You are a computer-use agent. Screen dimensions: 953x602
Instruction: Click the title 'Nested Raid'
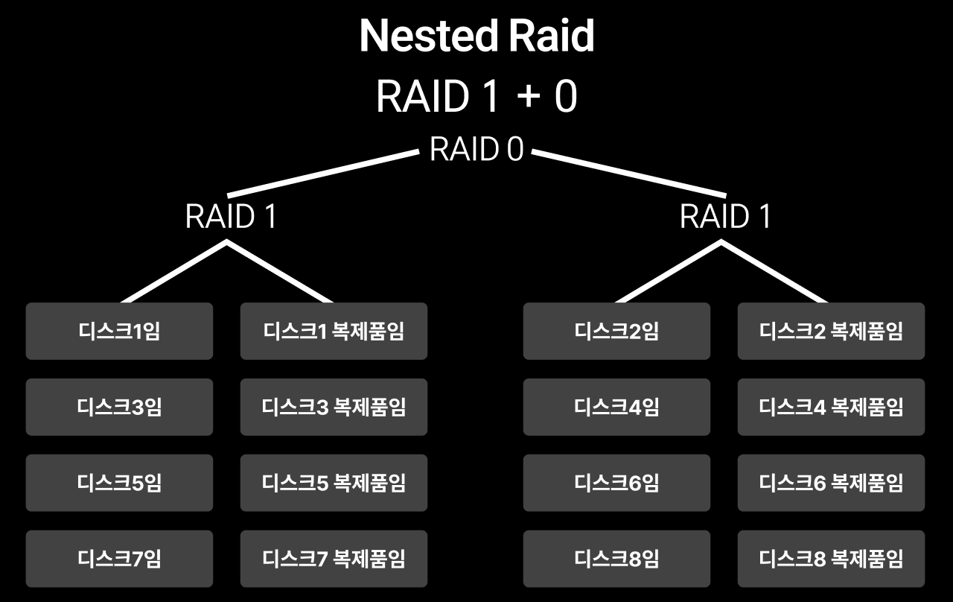[x=476, y=36]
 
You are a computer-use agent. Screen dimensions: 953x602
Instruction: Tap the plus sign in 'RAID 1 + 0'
[x=529, y=96]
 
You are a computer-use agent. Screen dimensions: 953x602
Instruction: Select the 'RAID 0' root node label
[x=476, y=149]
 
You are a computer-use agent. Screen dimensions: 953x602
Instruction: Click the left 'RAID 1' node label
[x=231, y=216]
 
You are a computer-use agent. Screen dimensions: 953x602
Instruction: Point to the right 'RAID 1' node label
[x=725, y=216]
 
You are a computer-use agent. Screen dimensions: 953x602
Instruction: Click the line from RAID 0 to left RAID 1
[x=323, y=174]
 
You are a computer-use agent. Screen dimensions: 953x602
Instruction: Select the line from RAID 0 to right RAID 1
[x=629, y=174]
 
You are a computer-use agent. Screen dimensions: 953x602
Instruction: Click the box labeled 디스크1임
[x=120, y=332]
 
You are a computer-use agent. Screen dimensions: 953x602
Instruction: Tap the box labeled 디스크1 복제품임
[x=334, y=332]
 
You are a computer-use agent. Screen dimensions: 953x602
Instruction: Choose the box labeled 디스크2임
[x=617, y=332]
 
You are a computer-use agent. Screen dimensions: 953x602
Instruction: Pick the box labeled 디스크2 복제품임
[x=832, y=332]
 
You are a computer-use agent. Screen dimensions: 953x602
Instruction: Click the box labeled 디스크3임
[x=120, y=407]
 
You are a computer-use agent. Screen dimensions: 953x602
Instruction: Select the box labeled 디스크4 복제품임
[x=832, y=407]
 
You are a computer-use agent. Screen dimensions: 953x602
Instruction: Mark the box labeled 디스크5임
[x=120, y=483]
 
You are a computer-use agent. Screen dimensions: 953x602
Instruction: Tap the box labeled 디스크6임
[x=617, y=483]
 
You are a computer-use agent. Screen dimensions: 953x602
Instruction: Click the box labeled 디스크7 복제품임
[x=334, y=559]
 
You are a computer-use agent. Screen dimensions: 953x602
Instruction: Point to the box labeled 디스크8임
[x=617, y=559]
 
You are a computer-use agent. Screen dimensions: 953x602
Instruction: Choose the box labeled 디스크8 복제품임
[x=832, y=559]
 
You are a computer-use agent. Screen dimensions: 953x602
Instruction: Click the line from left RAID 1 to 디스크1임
[x=174, y=272]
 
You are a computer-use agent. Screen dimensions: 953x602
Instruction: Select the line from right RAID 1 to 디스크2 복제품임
[x=774, y=272]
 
